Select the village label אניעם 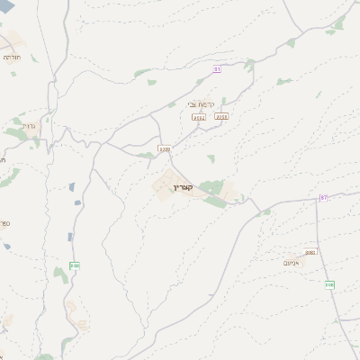pyautogui.click(x=290, y=263)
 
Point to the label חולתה pyautogui.click(x=12, y=57)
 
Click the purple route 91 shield pyautogui.click(x=217, y=69)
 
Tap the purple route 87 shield pyautogui.click(x=324, y=198)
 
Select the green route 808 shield pyautogui.click(x=329, y=284)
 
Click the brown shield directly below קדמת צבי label pyautogui.click(x=199, y=118)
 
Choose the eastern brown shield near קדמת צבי pyautogui.click(x=221, y=116)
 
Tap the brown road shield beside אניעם pyautogui.click(x=310, y=252)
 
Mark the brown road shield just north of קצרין pyautogui.click(x=164, y=148)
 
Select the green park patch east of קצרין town pyautogui.click(x=212, y=187)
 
